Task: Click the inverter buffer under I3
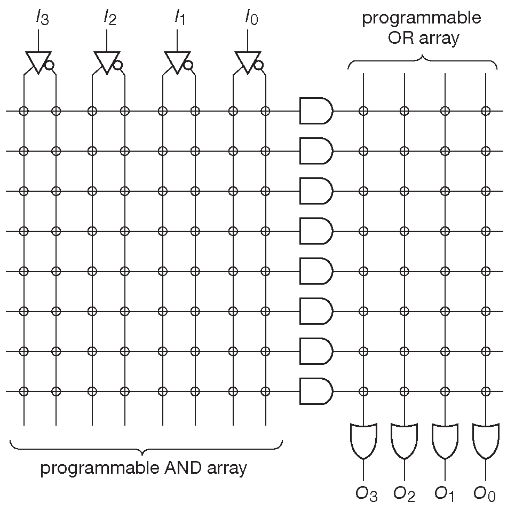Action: coord(37,61)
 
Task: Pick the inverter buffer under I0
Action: coord(246,61)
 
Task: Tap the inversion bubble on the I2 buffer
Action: coord(118,65)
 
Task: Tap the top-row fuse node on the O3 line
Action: coord(363,111)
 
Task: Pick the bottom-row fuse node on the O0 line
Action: coord(485,391)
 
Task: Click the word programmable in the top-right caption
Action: coord(422,19)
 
